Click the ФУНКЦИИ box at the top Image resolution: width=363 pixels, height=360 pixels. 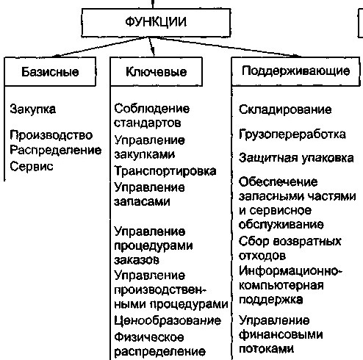156,23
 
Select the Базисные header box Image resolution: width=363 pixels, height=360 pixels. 50,71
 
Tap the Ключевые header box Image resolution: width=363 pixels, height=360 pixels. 157,71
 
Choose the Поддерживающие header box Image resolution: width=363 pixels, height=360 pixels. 295,71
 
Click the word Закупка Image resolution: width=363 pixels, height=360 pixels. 33,109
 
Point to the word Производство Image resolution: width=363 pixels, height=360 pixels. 51,135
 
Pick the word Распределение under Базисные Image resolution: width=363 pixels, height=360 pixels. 56,151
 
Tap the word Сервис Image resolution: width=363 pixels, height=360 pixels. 32,167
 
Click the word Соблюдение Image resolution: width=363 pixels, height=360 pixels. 152,109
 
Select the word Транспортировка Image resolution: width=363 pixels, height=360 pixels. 165,171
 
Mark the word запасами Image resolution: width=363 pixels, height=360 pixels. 142,201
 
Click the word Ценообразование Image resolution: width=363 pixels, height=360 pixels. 168,321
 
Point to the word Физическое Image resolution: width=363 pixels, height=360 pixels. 149,337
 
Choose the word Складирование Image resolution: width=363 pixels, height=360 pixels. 285,109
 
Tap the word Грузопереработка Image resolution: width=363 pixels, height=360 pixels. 292,134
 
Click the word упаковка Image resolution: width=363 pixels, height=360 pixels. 328,158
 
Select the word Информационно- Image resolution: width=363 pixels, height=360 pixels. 290,271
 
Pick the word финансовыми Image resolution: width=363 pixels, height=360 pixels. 281,334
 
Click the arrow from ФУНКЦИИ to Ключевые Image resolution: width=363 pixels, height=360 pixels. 151,46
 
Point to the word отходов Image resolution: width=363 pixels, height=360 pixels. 262,256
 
